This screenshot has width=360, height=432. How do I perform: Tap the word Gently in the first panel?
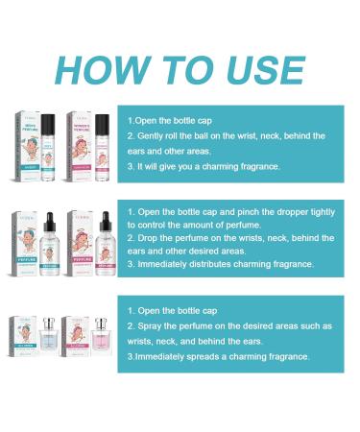point(150,136)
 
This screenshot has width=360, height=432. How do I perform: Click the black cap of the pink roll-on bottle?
point(102,124)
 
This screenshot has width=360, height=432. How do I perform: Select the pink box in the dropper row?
point(77,246)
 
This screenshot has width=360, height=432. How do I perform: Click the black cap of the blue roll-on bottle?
point(49,124)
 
